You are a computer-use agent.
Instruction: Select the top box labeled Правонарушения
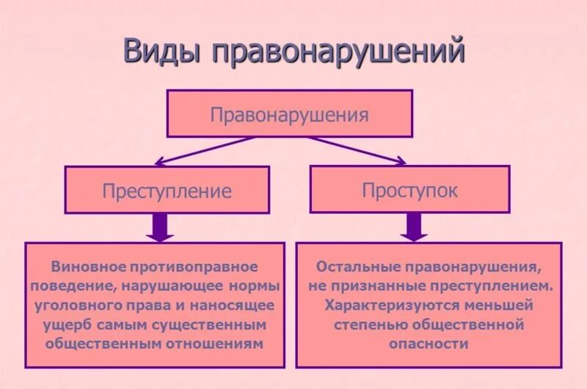289,114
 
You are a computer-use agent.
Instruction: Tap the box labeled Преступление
167,190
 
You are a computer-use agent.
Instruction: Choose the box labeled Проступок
409,190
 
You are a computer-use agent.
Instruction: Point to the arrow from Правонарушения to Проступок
360,149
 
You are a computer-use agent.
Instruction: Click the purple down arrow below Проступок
414,226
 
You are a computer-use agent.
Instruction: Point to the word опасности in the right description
429,342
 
